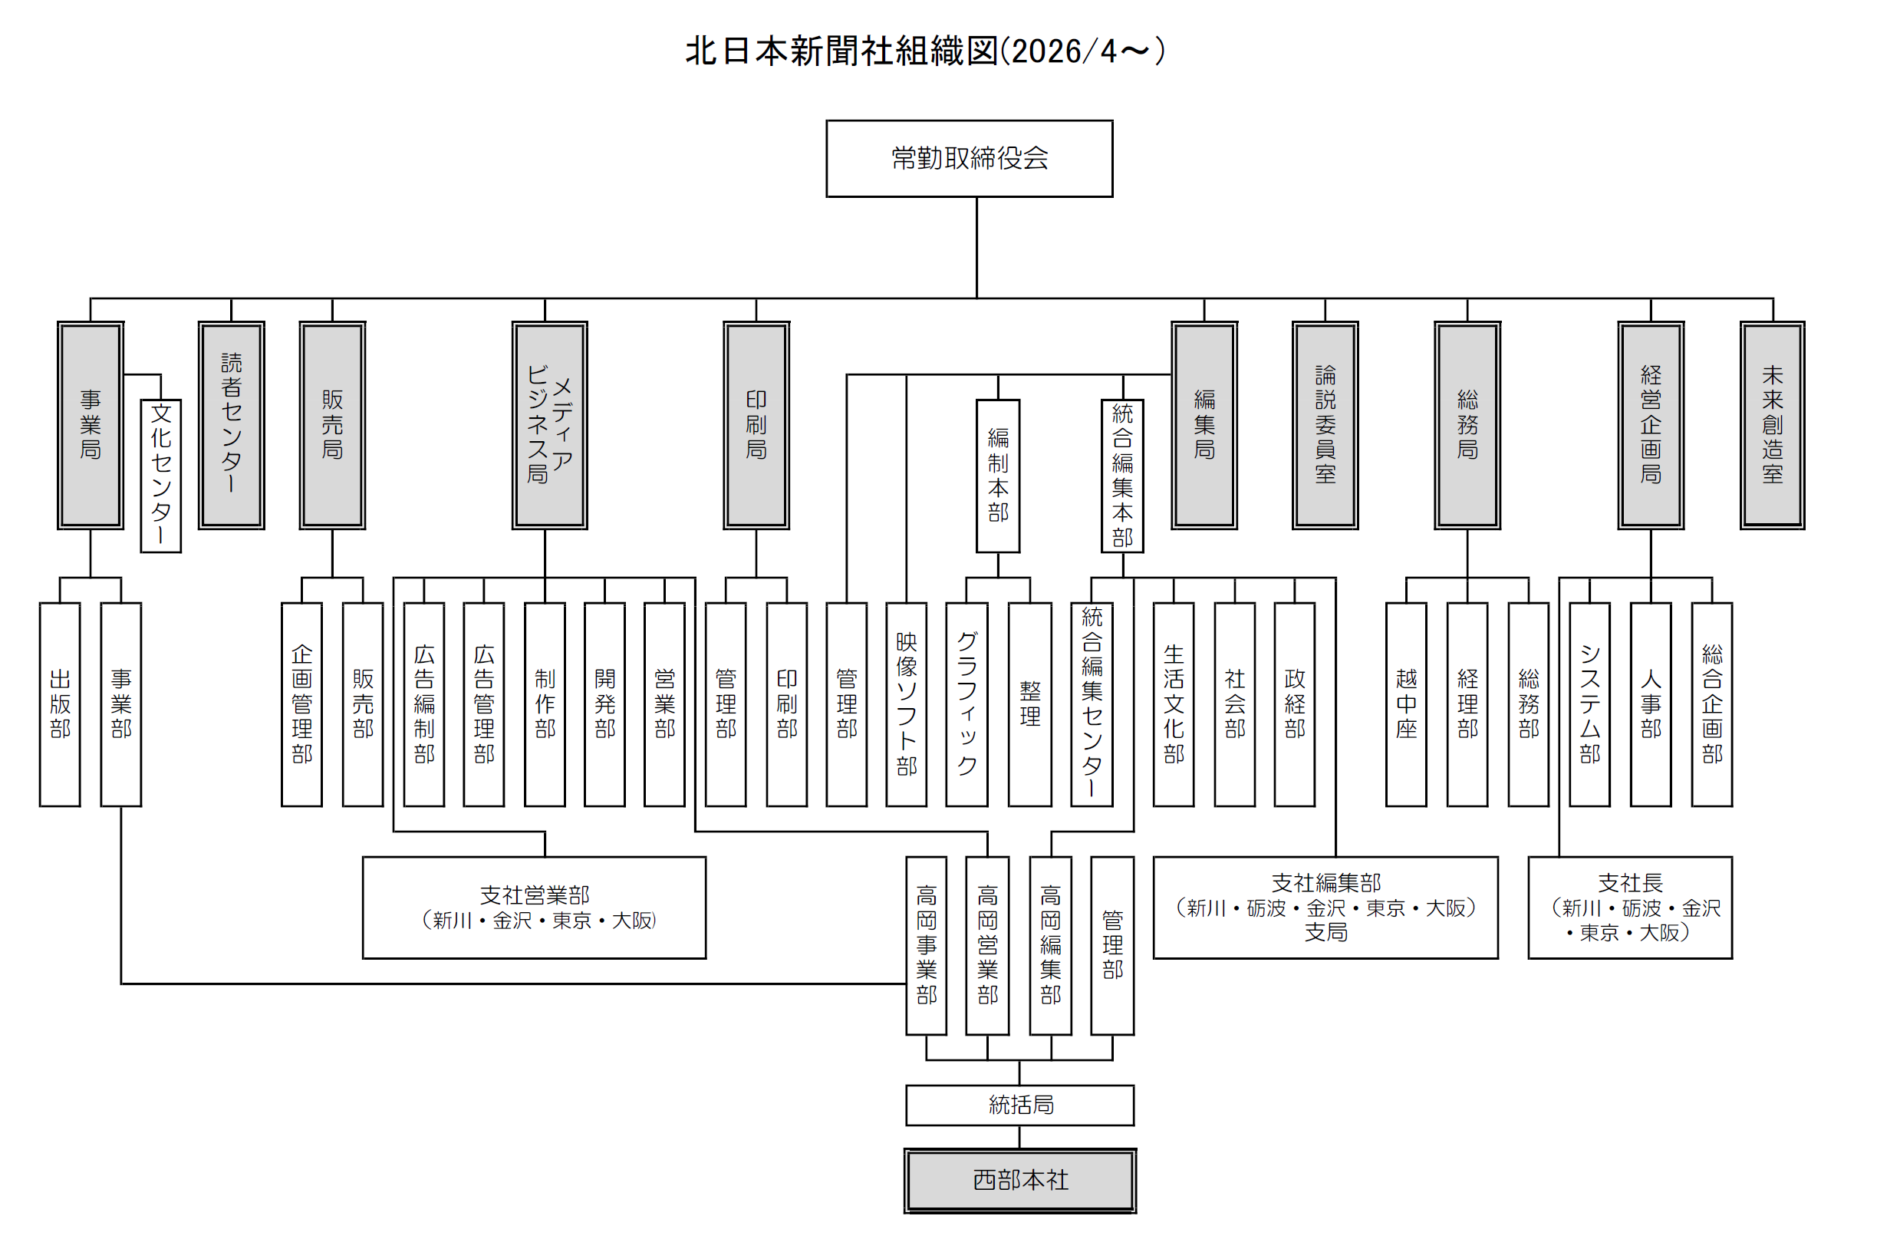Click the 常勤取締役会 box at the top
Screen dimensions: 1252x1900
(x=969, y=158)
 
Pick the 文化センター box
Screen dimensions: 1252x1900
(x=160, y=475)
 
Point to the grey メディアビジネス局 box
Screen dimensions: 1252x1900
(x=549, y=425)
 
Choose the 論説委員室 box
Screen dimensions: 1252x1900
(x=1325, y=425)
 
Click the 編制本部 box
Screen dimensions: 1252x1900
(x=998, y=475)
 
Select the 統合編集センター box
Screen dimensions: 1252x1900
(x=1092, y=704)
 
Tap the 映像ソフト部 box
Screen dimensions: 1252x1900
(x=906, y=704)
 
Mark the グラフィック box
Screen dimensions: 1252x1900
(x=966, y=704)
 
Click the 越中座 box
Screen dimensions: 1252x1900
(x=1406, y=704)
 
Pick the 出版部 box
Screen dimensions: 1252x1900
(x=60, y=704)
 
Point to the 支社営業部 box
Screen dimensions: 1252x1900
(x=534, y=907)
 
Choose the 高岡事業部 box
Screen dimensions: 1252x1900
(x=926, y=945)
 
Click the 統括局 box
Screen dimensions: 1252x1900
(x=1019, y=1105)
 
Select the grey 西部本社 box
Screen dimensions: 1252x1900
(x=1019, y=1180)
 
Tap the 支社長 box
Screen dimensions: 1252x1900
(x=1629, y=907)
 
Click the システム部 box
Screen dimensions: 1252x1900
(x=1589, y=704)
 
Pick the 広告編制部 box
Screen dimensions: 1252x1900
(x=424, y=704)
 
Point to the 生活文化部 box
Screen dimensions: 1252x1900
(x=1174, y=704)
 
